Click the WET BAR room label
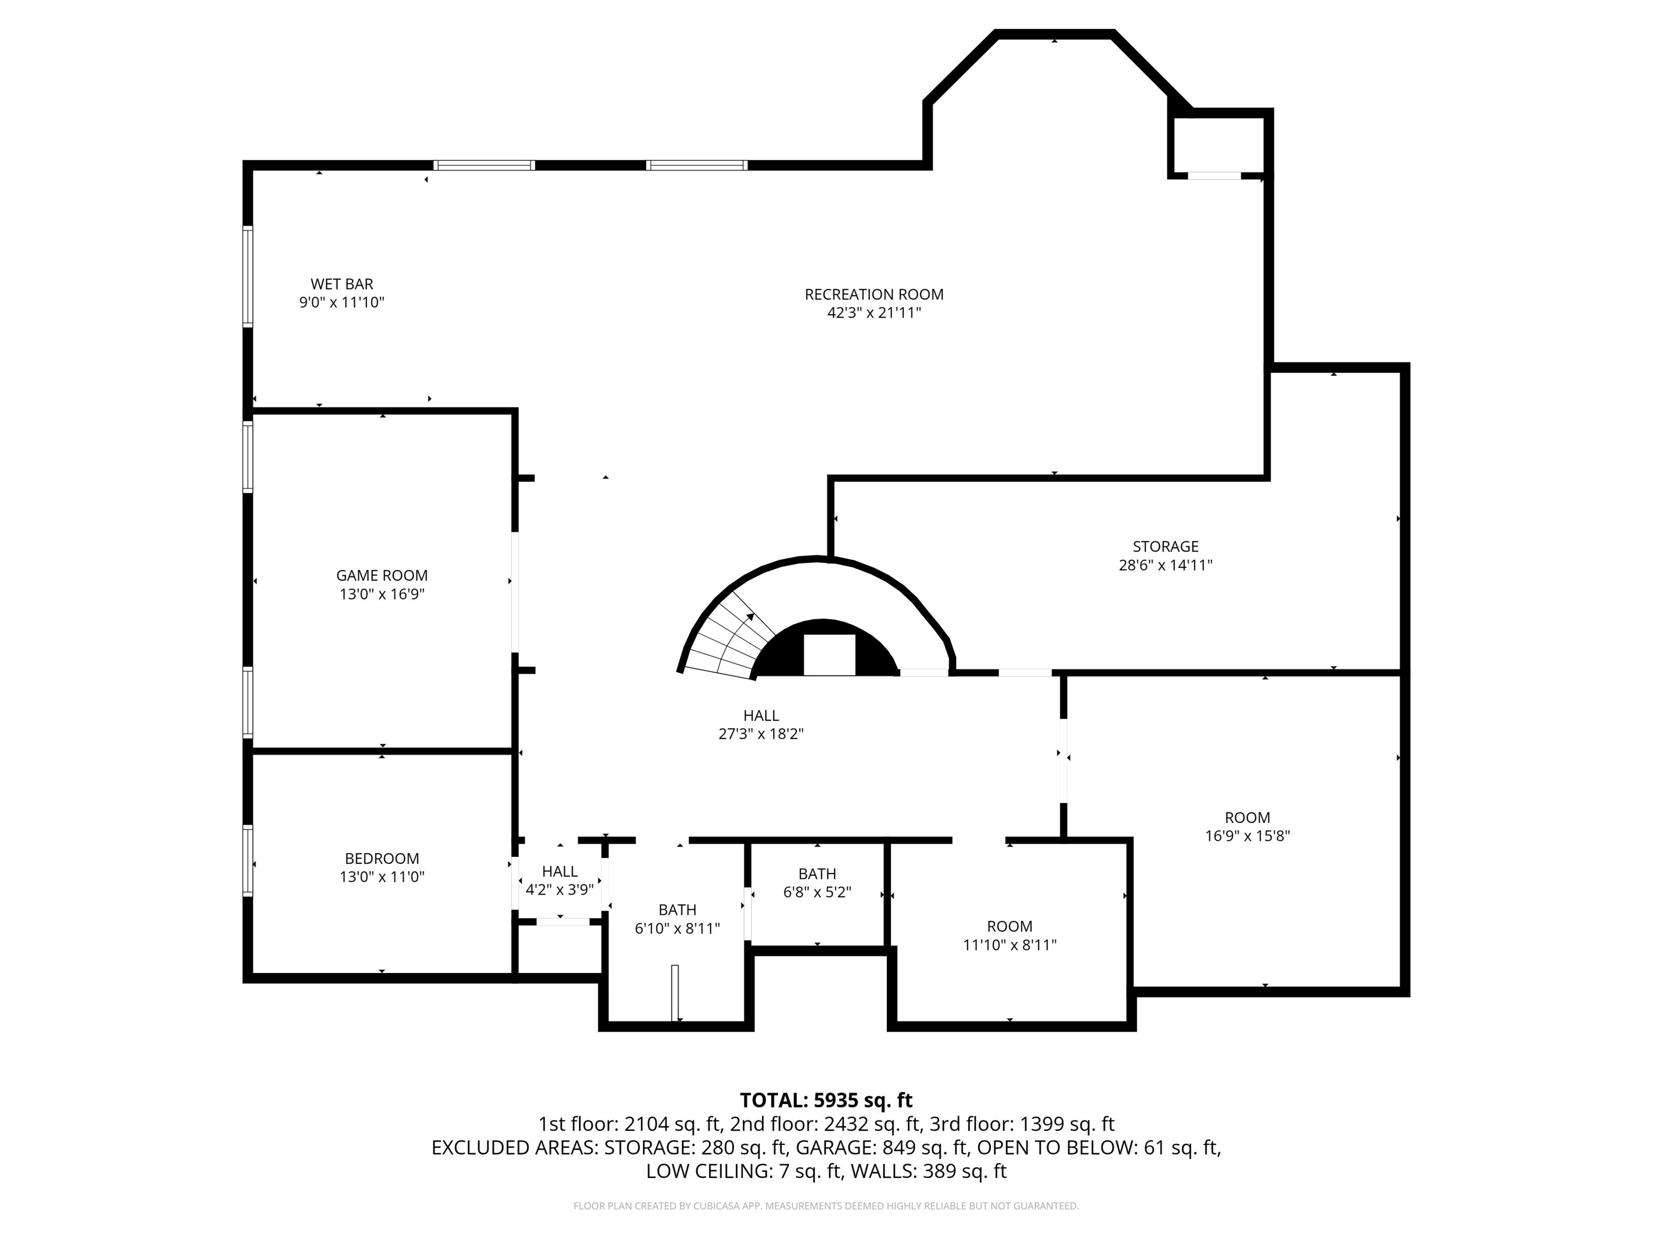pos(342,284)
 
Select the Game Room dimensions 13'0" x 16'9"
pos(382,594)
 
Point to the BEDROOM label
pos(382,859)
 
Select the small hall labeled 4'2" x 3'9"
pos(560,880)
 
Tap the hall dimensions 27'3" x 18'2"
pos(761,734)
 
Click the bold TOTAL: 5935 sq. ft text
pos(826,1100)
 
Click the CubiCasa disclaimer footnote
pos(826,1206)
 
